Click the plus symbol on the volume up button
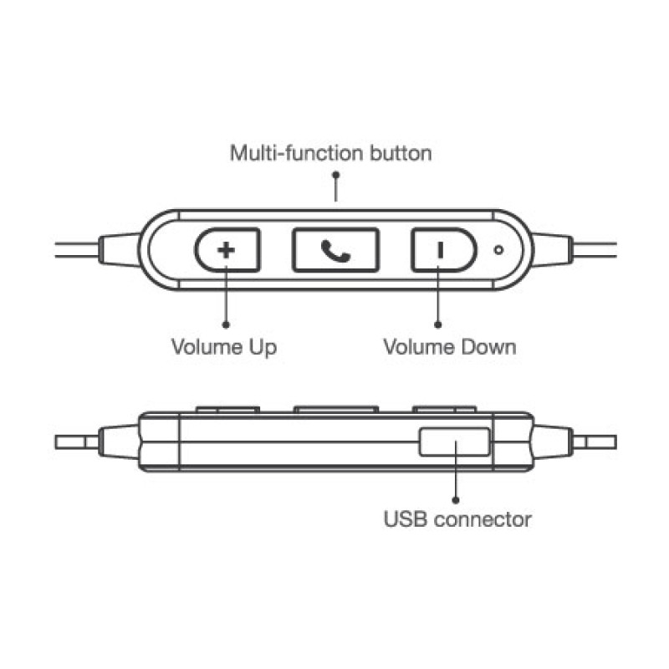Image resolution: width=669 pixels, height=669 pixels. pos(226,250)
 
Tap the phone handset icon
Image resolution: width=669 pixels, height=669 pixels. pos(336,251)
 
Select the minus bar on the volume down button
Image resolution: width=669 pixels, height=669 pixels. pos(441,250)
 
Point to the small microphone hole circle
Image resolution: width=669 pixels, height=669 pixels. pos(498,250)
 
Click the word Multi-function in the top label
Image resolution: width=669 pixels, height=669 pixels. pos(296,153)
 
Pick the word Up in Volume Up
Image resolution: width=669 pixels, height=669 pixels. pos(263,348)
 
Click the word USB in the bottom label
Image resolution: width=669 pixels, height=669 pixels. pos(405,519)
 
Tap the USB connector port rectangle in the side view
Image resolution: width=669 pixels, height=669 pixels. pos(455,442)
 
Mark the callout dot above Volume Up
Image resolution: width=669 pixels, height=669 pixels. pos(226,325)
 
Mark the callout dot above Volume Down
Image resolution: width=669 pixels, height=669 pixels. pos(437,325)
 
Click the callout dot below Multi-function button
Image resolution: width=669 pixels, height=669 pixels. pos(336,175)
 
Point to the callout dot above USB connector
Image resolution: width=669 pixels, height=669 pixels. pos(456,500)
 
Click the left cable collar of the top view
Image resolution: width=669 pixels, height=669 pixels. pos(120,250)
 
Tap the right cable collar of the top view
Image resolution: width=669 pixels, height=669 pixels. pos(553,250)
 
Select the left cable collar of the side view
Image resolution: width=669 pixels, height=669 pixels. pos(120,442)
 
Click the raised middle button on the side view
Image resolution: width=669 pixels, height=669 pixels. pos(336,410)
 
